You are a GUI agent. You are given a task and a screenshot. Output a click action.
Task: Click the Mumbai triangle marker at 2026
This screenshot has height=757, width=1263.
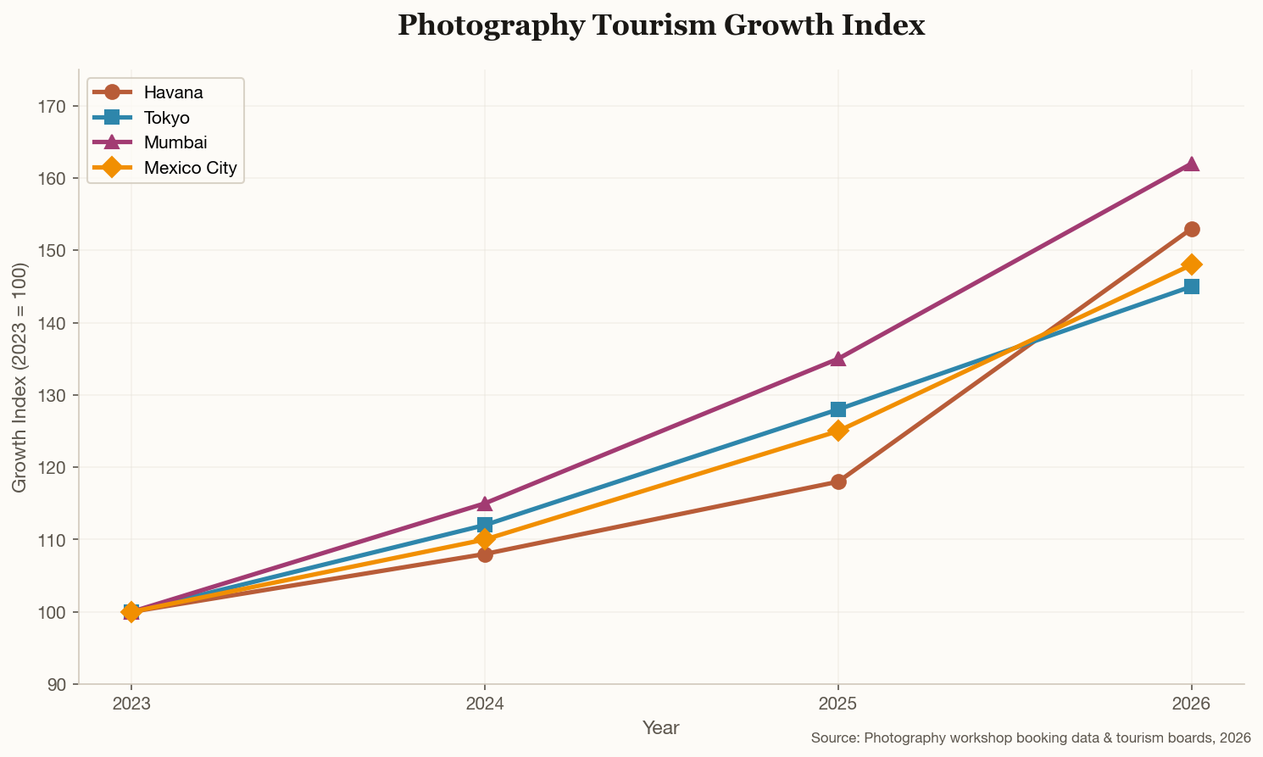click(x=1191, y=164)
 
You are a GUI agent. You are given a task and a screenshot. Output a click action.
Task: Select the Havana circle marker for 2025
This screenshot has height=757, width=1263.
click(x=837, y=481)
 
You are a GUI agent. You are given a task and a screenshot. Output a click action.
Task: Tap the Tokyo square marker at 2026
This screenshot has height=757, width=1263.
click(x=1191, y=287)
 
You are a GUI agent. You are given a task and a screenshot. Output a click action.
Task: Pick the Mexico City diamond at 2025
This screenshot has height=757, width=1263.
click(x=837, y=431)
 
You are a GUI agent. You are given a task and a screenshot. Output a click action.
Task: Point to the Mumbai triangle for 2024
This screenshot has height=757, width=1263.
click(x=484, y=504)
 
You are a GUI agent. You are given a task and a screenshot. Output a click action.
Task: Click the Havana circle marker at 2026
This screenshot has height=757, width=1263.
click(x=1191, y=229)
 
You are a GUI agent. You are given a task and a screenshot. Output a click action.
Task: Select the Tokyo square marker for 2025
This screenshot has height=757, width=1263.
click(x=837, y=409)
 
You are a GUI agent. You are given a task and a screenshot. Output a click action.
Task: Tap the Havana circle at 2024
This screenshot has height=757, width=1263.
click(x=484, y=554)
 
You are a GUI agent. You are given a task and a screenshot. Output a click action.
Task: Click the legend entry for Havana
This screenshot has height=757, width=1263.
click(x=173, y=92)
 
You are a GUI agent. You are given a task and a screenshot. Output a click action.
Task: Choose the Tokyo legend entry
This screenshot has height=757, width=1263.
click(x=167, y=117)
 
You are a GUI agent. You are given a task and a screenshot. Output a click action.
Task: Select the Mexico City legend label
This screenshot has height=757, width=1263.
click(x=191, y=168)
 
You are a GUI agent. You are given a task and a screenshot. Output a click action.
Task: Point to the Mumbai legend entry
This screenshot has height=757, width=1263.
click(x=175, y=142)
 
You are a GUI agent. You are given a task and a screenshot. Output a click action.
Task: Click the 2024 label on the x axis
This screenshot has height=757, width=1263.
click(x=484, y=704)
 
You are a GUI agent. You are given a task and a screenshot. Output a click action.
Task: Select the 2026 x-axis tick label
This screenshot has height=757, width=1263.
click(x=1191, y=704)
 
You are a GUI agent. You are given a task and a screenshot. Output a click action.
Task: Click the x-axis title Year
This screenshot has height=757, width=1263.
click(x=660, y=727)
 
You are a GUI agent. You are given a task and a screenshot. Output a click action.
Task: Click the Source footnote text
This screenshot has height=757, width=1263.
click(x=1031, y=738)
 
